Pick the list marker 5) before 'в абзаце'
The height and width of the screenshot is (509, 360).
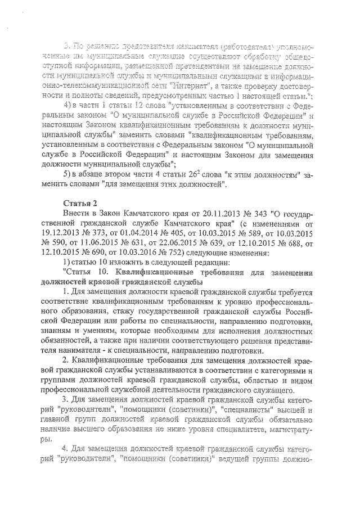point(67,174)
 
